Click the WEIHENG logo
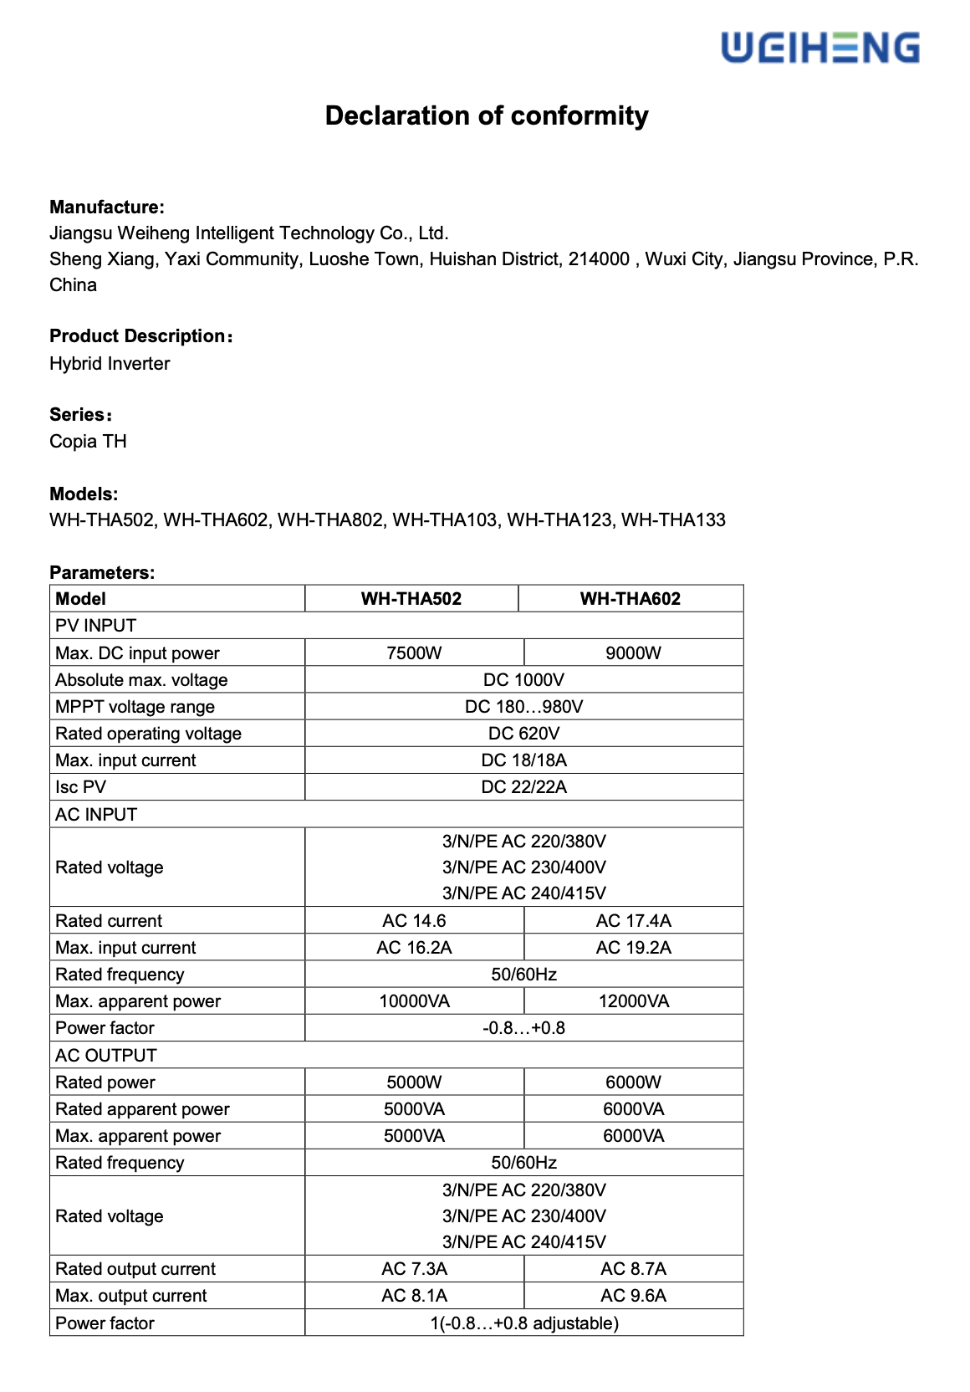[x=819, y=48]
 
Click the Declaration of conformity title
[x=486, y=115]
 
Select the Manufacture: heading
[x=107, y=207]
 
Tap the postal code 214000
[x=599, y=259]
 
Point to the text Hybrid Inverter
[x=110, y=364]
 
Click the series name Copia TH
[x=88, y=442]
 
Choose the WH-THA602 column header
[x=630, y=599]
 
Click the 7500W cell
[x=414, y=653]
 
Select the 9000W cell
[x=633, y=653]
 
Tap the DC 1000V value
[x=523, y=680]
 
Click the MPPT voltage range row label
[x=135, y=707]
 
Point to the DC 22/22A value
[x=523, y=787]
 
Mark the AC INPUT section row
[x=96, y=815]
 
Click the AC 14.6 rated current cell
[x=414, y=921]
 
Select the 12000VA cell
[x=633, y=1001]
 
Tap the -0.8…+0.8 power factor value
[x=523, y=1028]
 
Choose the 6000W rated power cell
[x=633, y=1082]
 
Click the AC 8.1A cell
[x=414, y=1296]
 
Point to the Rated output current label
[x=135, y=1269]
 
